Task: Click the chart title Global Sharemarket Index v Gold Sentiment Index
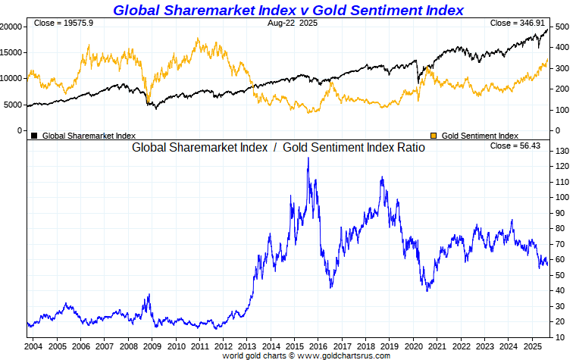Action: (x=288, y=10)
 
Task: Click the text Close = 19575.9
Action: (x=64, y=23)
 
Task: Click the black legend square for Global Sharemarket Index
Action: (x=34, y=136)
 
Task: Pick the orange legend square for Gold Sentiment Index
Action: (x=434, y=136)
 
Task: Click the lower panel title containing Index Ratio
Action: (x=278, y=148)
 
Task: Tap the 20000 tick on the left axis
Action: (x=11, y=27)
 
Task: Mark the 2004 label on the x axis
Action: (x=33, y=346)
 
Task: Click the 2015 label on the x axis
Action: (x=293, y=346)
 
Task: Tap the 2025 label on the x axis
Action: (x=531, y=346)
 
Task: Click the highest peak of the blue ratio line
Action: (x=308, y=158)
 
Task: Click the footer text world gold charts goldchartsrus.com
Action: (x=306, y=355)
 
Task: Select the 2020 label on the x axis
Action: (x=412, y=346)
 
